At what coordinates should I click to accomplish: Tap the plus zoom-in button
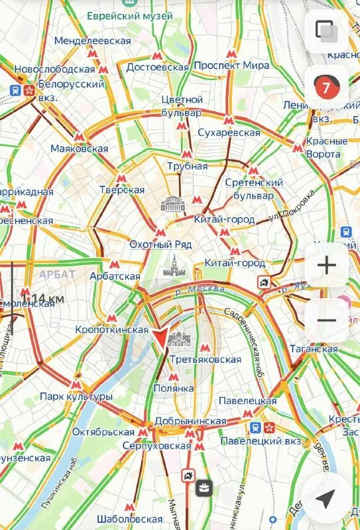(x=326, y=266)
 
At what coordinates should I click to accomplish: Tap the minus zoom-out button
(x=326, y=321)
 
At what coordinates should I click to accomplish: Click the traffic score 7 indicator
(x=326, y=86)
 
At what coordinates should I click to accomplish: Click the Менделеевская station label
(x=92, y=41)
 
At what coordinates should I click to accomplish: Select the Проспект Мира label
(x=231, y=66)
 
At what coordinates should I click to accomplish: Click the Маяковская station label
(x=79, y=148)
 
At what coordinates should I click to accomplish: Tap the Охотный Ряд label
(x=160, y=244)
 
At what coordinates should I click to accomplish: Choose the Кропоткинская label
(x=111, y=329)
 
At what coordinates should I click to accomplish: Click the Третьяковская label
(x=205, y=359)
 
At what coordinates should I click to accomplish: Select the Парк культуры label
(x=76, y=396)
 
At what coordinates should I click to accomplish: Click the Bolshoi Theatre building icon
(x=172, y=203)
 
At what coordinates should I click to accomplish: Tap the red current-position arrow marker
(x=160, y=338)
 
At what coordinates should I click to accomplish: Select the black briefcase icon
(x=204, y=490)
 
